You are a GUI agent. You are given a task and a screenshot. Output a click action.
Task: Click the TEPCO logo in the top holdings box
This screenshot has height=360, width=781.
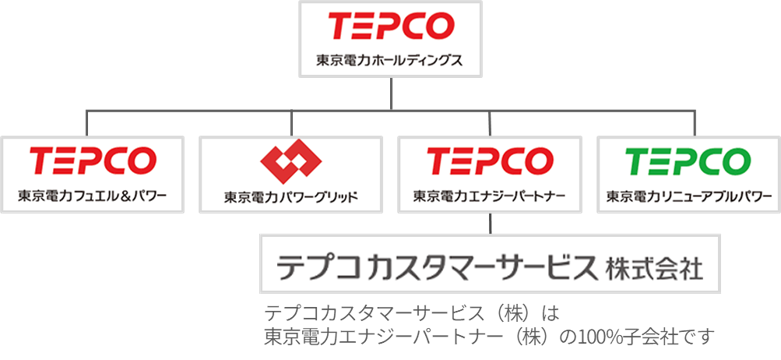[x=390, y=26]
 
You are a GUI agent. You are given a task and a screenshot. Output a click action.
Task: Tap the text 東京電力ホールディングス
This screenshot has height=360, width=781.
[x=390, y=60]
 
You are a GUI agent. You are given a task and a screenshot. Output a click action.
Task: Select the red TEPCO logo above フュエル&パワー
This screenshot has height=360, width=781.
[x=93, y=159]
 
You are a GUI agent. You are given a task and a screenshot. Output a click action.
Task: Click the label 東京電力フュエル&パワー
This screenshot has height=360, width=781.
[x=93, y=195]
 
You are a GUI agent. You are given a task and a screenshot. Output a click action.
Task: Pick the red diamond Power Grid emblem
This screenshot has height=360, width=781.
[x=289, y=162]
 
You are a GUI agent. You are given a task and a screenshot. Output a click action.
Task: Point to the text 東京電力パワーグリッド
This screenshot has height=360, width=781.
[x=290, y=196]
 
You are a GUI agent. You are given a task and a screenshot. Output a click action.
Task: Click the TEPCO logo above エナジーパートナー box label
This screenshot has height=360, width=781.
[x=489, y=159]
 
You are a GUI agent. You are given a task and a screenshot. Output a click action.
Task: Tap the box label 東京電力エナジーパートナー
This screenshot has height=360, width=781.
[x=489, y=195]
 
